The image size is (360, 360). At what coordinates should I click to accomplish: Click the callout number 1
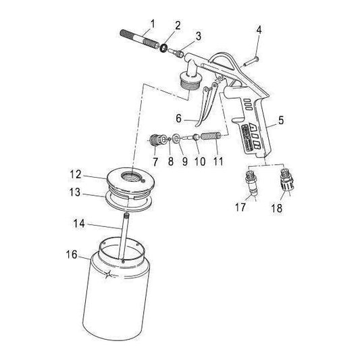[153, 23]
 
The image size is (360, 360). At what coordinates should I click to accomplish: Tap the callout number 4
[259, 29]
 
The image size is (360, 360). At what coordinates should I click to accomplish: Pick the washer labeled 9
[177, 139]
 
